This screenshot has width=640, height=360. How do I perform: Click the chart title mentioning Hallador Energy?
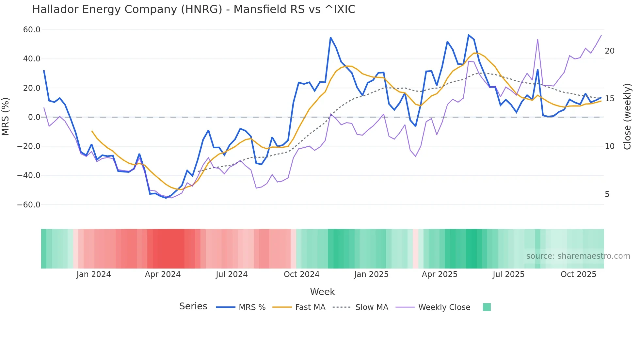(x=194, y=9)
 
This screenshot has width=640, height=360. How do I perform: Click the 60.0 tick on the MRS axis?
(x=32, y=30)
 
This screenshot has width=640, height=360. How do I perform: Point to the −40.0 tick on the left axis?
(x=29, y=175)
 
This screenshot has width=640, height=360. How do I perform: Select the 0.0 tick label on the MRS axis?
(x=34, y=117)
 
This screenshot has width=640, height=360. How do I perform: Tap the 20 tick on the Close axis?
(x=609, y=51)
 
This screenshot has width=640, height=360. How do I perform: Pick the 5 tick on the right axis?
(x=607, y=194)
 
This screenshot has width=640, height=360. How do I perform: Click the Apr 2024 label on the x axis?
(x=163, y=274)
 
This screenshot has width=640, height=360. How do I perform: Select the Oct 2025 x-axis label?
(x=578, y=274)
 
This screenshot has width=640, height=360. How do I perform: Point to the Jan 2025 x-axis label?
(x=371, y=274)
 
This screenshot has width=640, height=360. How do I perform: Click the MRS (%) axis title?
(x=6, y=117)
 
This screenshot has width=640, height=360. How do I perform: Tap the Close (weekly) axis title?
(x=627, y=117)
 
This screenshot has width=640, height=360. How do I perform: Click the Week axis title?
(x=322, y=292)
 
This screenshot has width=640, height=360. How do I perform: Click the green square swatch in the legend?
(x=487, y=307)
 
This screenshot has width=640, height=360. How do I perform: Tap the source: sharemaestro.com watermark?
(x=578, y=256)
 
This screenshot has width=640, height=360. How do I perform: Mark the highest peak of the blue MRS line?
(x=469, y=35)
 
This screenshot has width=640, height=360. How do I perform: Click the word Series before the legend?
(x=193, y=306)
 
